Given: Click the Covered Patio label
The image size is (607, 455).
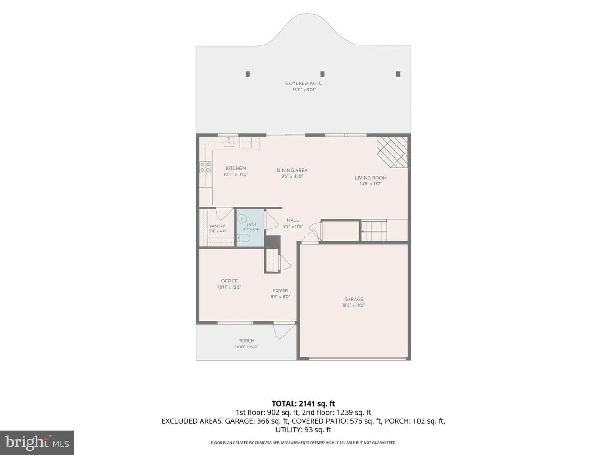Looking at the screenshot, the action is [304, 83].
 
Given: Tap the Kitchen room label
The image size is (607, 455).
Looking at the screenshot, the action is [236, 168].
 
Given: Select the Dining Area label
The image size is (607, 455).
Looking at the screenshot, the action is [292, 170].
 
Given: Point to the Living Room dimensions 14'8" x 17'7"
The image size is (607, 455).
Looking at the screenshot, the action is [370, 184].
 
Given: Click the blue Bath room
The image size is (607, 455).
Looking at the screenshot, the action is [250, 228].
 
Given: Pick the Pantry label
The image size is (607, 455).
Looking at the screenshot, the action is [217, 226].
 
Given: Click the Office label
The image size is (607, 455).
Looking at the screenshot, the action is [229, 281].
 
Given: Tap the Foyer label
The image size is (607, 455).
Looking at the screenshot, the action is [280, 291].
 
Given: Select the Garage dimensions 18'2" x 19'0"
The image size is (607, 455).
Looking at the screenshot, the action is [353, 305].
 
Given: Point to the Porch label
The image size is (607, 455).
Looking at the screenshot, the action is [246, 341].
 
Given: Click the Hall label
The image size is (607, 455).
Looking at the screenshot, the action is [293, 220].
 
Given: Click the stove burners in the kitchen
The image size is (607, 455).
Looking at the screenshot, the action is [205, 167].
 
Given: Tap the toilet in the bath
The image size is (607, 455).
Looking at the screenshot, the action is [243, 237].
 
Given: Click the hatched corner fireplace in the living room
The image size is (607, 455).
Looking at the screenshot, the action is [393, 152].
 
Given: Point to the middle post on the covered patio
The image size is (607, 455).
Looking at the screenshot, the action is [322, 74].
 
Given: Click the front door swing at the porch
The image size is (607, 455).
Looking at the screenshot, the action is [284, 331].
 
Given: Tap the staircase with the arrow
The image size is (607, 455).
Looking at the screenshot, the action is [374, 230].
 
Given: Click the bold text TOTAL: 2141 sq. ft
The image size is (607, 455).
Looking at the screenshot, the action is [303, 404].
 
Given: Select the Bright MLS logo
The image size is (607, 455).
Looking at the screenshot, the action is [37, 442].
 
